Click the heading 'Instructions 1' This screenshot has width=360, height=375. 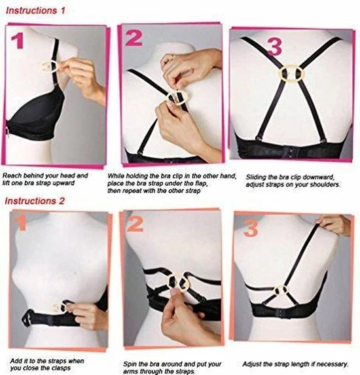click(x=35, y=10)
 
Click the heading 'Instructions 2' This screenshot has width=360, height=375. click(x=35, y=201)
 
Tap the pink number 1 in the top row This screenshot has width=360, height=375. click(x=18, y=41)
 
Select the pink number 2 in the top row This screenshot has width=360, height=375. click(x=134, y=38)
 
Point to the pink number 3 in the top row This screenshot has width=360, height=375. click(x=275, y=47)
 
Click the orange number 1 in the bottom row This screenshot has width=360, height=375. click(x=21, y=223)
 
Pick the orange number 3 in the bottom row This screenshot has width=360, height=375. click(x=251, y=228)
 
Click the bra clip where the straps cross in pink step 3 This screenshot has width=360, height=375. click(x=291, y=73)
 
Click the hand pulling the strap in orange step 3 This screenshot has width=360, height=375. click(x=334, y=224)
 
